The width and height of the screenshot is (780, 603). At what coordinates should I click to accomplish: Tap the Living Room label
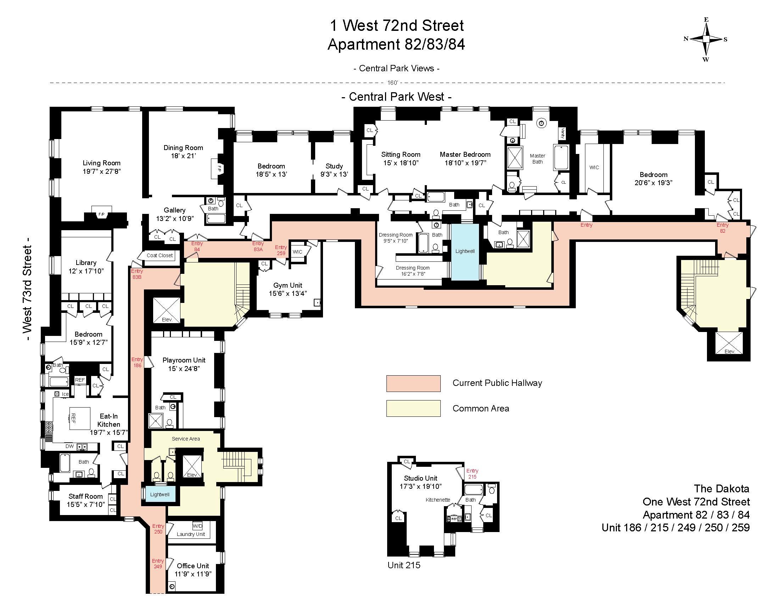click(x=102, y=167)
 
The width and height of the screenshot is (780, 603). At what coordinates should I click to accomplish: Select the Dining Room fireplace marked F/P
click(x=219, y=168)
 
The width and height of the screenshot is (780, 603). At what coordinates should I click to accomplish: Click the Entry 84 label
click(x=197, y=246)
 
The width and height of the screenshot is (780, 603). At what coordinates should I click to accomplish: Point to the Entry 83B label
click(x=137, y=273)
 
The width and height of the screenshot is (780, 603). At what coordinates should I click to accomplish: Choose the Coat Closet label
click(x=160, y=255)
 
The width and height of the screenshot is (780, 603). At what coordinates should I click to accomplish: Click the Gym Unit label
click(x=288, y=289)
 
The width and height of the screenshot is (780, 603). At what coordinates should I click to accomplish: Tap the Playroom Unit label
click(x=184, y=364)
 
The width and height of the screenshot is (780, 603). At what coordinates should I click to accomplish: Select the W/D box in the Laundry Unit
click(x=197, y=526)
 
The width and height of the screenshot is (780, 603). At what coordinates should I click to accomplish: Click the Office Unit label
click(x=193, y=569)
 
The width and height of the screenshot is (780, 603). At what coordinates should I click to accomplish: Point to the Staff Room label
click(x=86, y=500)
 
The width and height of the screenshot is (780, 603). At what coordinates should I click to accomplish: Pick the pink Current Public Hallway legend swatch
click(x=413, y=383)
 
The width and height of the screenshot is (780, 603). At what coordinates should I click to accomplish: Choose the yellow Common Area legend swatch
click(x=413, y=408)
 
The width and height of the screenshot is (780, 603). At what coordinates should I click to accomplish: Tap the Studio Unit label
click(x=420, y=482)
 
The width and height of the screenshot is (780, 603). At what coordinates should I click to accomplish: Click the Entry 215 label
click(x=472, y=474)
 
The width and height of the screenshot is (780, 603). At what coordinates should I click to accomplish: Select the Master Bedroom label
click(x=465, y=158)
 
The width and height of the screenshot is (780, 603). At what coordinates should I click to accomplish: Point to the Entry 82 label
click(x=723, y=228)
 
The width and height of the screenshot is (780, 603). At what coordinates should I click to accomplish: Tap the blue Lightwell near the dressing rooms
click(x=465, y=251)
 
